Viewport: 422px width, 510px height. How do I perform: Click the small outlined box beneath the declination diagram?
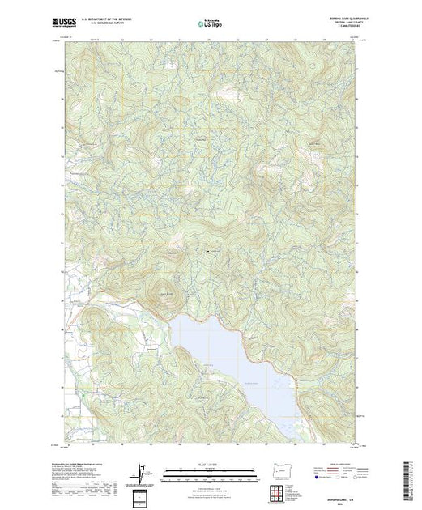point(143,495)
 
